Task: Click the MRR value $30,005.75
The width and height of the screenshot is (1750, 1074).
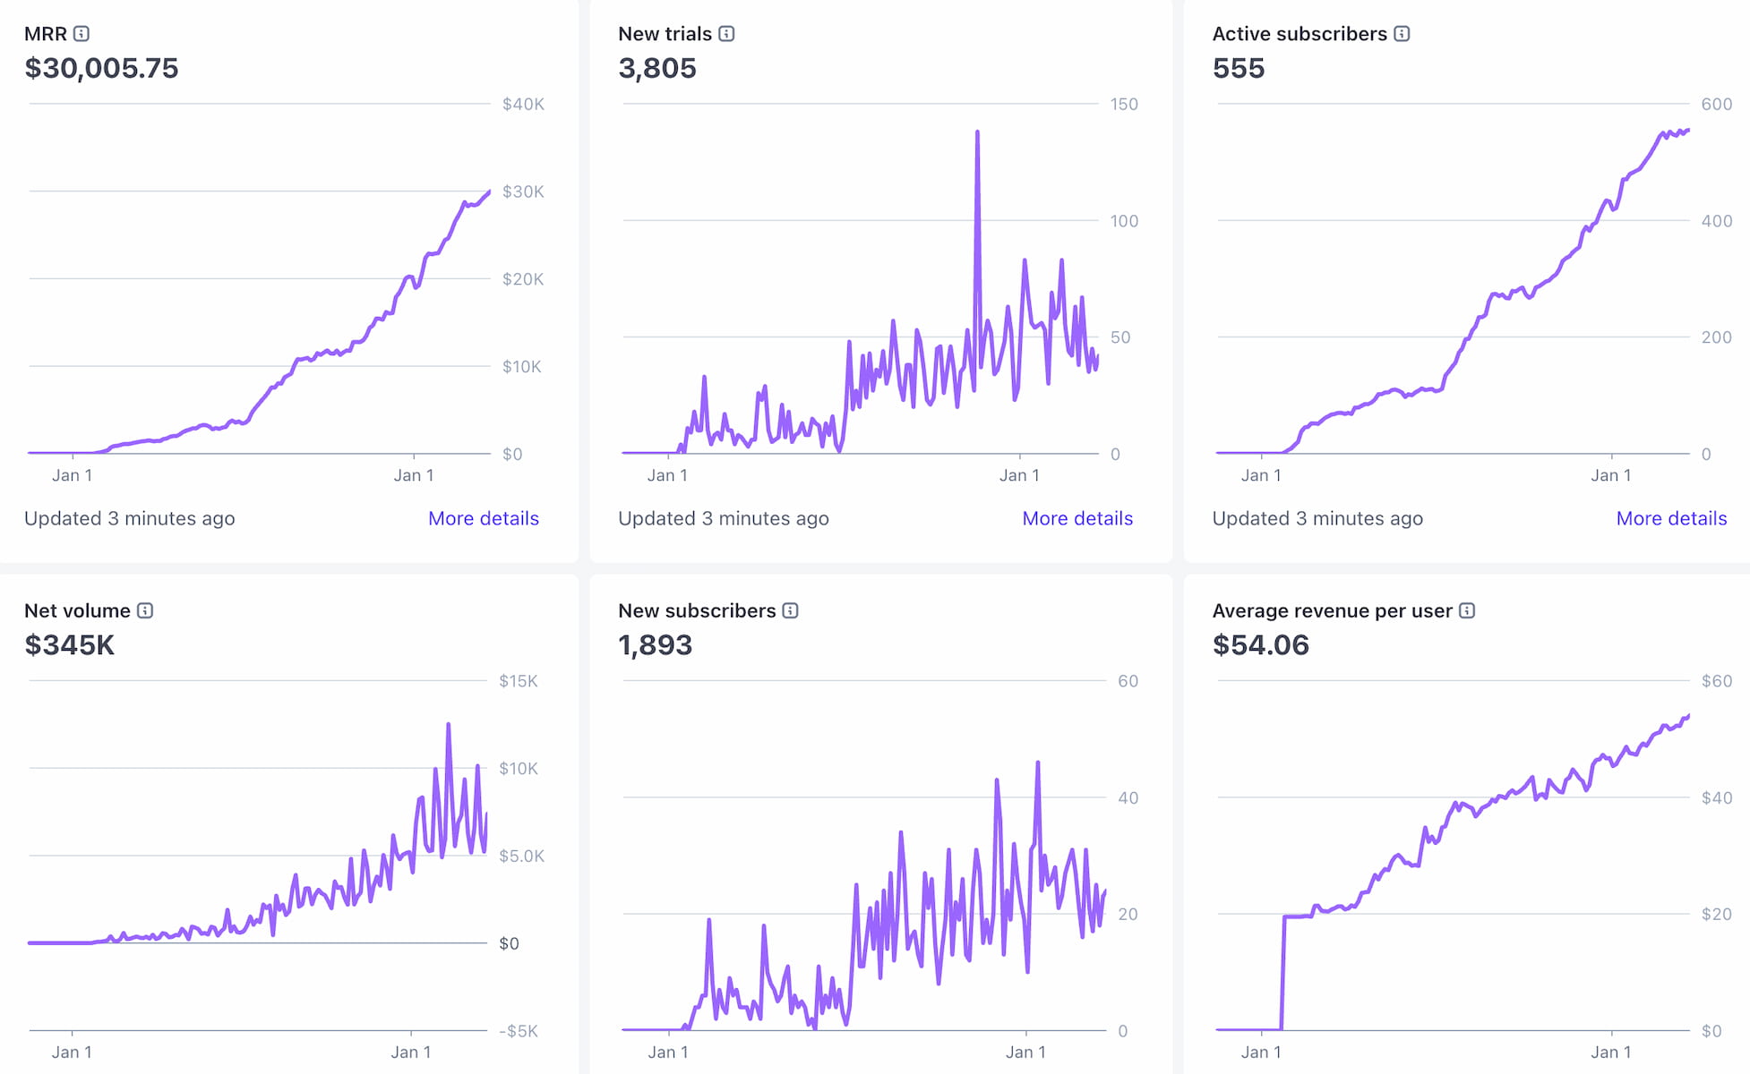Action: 101,68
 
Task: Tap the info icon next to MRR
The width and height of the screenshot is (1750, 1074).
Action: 81,34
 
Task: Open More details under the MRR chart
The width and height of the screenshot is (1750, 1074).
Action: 483,518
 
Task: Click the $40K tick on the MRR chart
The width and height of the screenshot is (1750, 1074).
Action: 523,104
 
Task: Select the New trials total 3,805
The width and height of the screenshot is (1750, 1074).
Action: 656,68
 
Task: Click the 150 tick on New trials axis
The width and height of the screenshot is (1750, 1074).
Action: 1124,104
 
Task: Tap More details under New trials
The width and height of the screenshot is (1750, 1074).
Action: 1077,518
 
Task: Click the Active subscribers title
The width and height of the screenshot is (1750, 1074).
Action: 1299,34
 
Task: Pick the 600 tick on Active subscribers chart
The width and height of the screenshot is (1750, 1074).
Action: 1716,104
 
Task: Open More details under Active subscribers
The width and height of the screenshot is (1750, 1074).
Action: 1670,518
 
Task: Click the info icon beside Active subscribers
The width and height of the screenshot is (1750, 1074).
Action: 1402,34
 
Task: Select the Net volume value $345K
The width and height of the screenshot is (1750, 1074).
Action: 69,645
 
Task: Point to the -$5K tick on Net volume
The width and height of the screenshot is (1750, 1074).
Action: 519,1031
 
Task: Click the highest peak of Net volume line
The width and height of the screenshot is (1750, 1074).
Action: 448,724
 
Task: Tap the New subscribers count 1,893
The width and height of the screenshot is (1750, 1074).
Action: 655,645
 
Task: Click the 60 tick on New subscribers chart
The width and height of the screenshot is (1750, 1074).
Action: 1128,681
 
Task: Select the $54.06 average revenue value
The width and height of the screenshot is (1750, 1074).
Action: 1260,645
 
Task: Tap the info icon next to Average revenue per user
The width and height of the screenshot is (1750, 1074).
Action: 1466,610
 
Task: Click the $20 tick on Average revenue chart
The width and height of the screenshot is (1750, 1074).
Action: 1716,914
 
